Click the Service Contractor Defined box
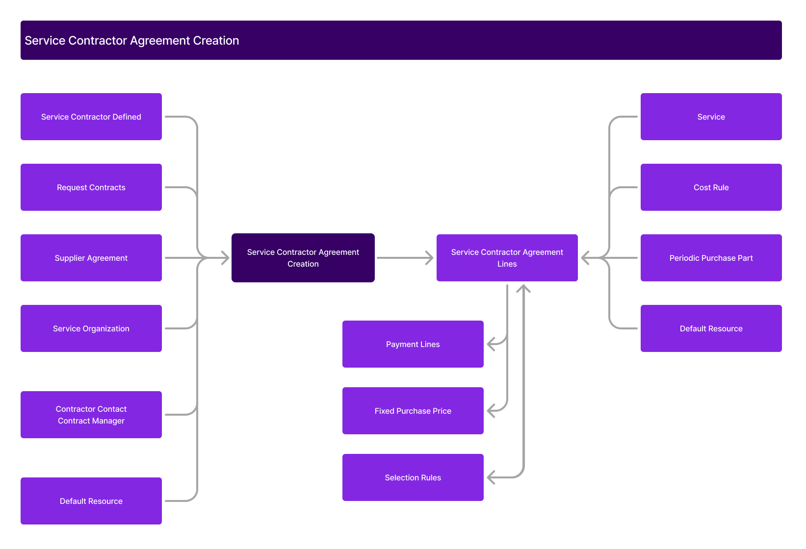tap(91, 117)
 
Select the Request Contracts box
tap(91, 187)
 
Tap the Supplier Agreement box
tap(91, 258)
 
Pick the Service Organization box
tap(91, 328)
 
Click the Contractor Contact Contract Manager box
tap(91, 415)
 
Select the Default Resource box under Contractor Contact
tap(91, 501)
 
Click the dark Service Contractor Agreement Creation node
tap(303, 258)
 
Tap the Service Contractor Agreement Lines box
tap(507, 258)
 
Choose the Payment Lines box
tap(413, 344)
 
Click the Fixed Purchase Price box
tap(413, 411)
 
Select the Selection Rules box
tap(413, 477)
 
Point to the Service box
tap(711, 117)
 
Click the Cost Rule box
tap(711, 187)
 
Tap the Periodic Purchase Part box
tap(711, 258)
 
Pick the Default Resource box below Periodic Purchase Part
tap(711, 328)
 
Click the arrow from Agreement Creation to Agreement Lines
tap(405, 258)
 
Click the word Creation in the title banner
tap(216, 41)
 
